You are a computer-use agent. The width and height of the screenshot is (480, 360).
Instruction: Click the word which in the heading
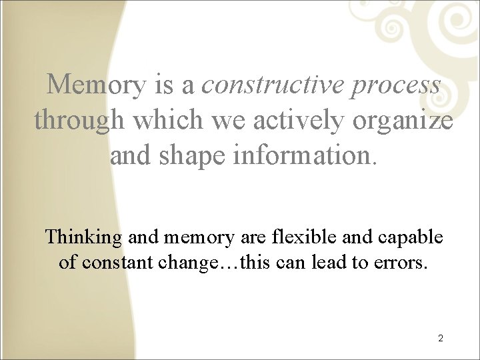pos(164,121)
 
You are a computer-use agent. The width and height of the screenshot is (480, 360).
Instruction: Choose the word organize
pos(403,121)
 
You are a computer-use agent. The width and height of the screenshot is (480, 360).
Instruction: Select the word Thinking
pos(83,237)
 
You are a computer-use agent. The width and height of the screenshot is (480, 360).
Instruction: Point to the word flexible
pos(295,237)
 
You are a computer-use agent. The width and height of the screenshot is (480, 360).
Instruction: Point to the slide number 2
pos(441,338)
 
